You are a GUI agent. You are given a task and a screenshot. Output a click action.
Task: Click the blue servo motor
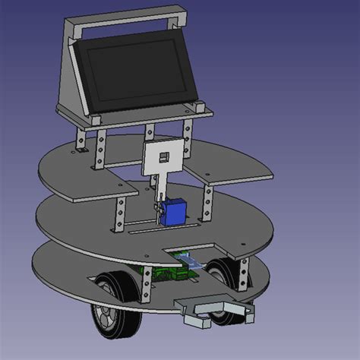[175, 212]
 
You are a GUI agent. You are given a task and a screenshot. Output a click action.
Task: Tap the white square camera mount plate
[163, 159]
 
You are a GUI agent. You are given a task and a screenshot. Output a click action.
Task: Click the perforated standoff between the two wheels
[144, 281]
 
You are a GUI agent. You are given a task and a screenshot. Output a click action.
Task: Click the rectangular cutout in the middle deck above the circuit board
[190, 250]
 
